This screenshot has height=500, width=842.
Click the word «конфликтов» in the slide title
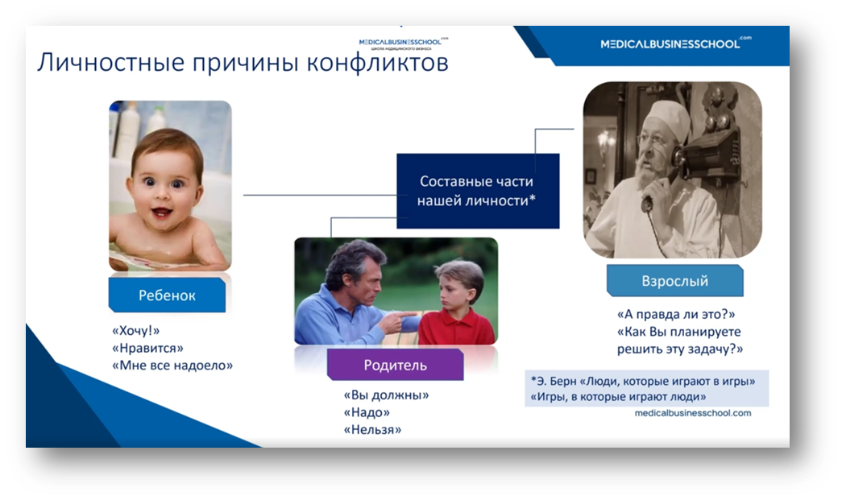coord(378,62)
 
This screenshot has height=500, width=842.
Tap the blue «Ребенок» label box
coord(167,295)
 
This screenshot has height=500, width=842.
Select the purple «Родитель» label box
coord(396,365)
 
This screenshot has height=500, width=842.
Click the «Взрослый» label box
coord(675,280)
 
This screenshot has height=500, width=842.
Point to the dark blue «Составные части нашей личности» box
coord(478,191)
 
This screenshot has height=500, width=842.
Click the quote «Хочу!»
coord(136,330)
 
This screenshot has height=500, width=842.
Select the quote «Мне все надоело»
coord(172,366)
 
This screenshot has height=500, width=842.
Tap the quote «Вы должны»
coord(386,395)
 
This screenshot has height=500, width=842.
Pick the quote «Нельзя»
coord(372,430)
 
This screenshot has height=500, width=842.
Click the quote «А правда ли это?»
coord(676,314)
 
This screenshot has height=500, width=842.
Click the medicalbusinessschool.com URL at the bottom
coord(693,413)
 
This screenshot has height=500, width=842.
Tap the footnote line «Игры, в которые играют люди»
coord(618,397)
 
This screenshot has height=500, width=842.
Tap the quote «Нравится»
coord(147,348)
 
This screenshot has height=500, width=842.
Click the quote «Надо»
coord(367,412)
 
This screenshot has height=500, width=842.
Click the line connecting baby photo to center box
coord(320,195)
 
